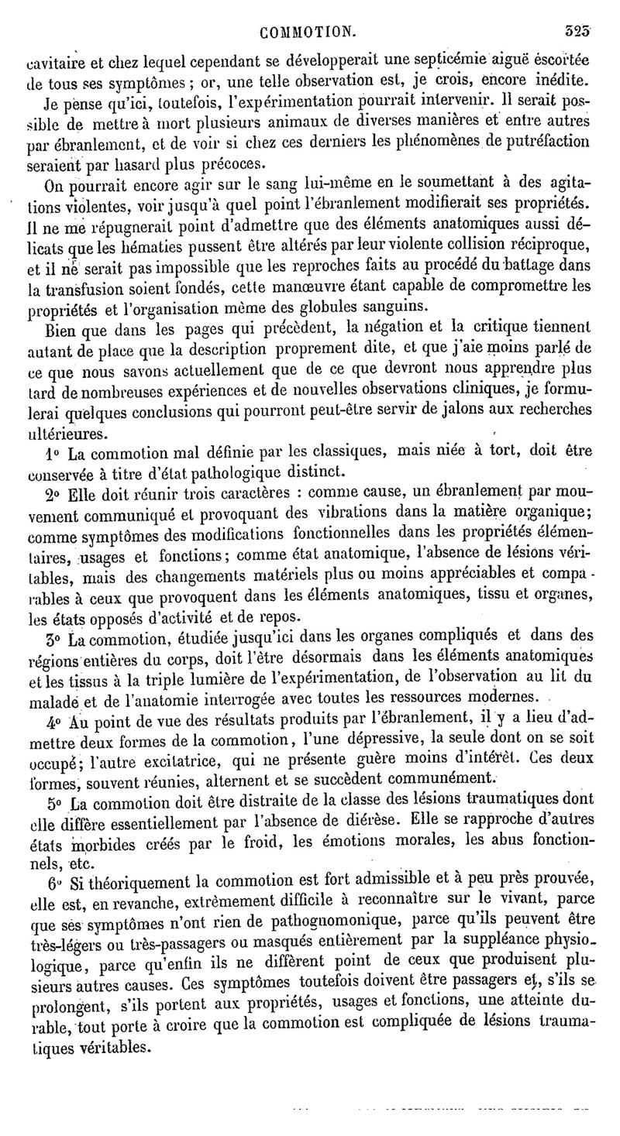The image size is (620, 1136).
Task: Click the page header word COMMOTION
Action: [308, 32]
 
